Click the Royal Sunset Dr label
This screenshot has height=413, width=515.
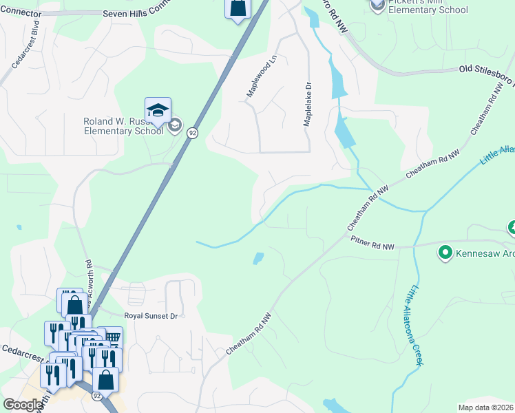coord(151,316)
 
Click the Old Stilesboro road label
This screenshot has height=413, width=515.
coord(486,70)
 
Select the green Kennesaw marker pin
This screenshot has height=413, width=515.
coord(445,253)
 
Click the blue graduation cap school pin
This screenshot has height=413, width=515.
coord(157,111)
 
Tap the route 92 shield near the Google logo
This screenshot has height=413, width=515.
coord(97,396)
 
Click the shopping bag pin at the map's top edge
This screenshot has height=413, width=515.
coord(238,8)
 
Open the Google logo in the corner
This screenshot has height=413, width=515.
coord(23,405)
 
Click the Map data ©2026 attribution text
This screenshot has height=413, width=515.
coord(486,407)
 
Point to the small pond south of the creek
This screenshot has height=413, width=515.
coord(257,259)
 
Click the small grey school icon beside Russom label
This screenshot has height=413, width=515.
coord(175,125)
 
